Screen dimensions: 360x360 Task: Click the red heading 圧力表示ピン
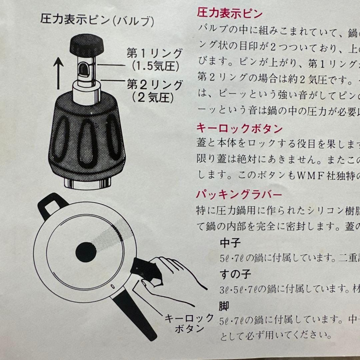(229, 13)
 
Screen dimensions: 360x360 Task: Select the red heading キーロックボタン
(239, 128)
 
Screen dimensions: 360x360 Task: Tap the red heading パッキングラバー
(239, 195)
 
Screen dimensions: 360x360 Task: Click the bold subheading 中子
(230, 243)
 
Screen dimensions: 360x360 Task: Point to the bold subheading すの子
(235, 274)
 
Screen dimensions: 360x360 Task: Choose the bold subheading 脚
(224, 306)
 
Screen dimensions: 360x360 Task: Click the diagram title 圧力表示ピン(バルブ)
(97, 20)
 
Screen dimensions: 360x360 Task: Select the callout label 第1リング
(155, 53)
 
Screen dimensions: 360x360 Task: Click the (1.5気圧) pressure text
(155, 66)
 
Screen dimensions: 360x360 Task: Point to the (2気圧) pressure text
(153, 98)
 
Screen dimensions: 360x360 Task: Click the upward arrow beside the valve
(59, 73)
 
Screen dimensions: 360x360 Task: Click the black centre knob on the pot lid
(86, 252)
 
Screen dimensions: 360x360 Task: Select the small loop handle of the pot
(52, 205)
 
